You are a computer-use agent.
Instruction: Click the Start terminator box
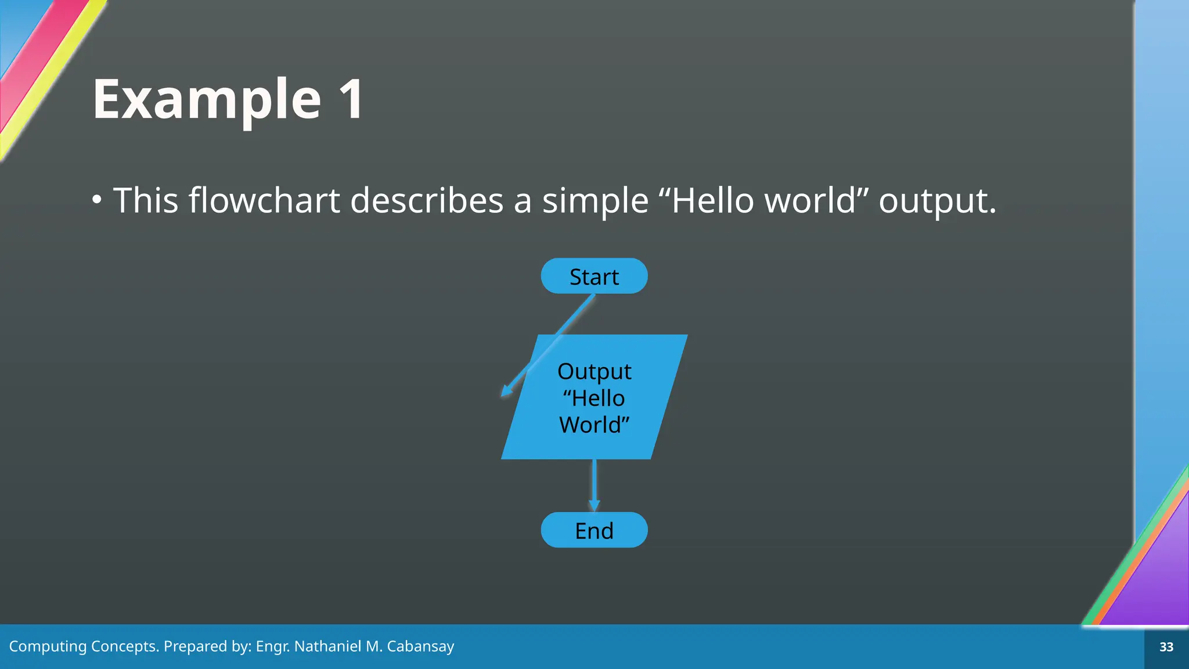coord(594,276)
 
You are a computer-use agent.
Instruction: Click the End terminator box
coord(594,530)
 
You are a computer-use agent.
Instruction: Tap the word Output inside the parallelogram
coord(594,372)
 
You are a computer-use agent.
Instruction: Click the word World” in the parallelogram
coord(594,425)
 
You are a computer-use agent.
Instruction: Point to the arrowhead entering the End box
coord(594,505)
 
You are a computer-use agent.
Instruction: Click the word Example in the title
coord(207,100)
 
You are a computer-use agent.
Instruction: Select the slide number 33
coord(1166,647)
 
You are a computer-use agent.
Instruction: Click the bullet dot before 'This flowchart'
coord(97,200)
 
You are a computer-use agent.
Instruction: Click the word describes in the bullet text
coord(427,200)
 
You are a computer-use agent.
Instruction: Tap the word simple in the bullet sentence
coord(595,200)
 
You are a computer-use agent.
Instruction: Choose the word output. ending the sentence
coord(937,200)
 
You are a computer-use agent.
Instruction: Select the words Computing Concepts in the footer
coord(84,646)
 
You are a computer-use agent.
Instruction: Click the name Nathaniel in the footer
coord(327,646)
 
